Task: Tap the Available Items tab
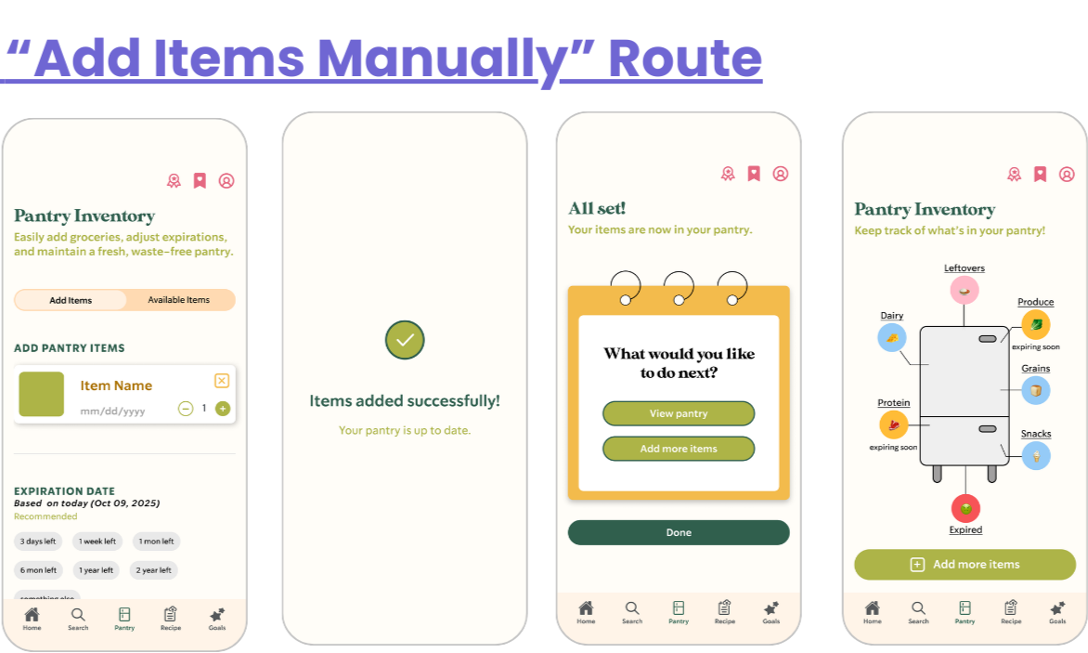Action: coord(178,300)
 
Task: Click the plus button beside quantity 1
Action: coord(222,409)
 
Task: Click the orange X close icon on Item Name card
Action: coord(221,380)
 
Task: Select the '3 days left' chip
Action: coord(38,542)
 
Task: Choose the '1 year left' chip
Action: coord(97,570)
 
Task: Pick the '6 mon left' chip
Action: coord(38,570)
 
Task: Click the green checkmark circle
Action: coord(405,341)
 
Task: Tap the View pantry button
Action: coord(679,413)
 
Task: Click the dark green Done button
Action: coord(679,532)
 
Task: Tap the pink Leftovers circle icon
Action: coord(965,290)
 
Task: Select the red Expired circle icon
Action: coord(965,508)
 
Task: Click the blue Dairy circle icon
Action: coord(892,337)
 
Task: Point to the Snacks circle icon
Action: coord(1036,455)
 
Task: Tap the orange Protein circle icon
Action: coord(893,424)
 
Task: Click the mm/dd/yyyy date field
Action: coord(112,411)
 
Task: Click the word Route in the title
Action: coord(685,58)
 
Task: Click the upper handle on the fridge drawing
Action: coord(988,339)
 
